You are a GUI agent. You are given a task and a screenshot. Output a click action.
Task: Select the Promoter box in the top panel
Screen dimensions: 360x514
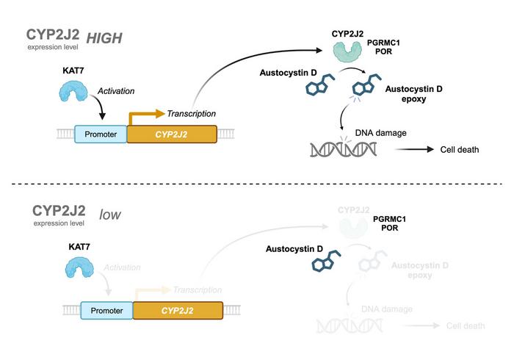tap(101, 134)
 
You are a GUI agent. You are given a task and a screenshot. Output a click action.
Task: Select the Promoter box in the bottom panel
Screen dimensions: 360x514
tap(106, 310)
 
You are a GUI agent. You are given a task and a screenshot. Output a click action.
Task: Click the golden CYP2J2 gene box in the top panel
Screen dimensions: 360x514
tap(172, 134)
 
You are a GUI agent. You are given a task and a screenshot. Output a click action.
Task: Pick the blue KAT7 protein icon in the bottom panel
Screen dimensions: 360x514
tap(73, 269)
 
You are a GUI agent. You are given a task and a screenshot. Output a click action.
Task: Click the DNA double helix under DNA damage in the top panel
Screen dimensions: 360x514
tap(343, 149)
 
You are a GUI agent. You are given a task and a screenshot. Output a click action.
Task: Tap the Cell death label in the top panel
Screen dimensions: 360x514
tap(460, 150)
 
